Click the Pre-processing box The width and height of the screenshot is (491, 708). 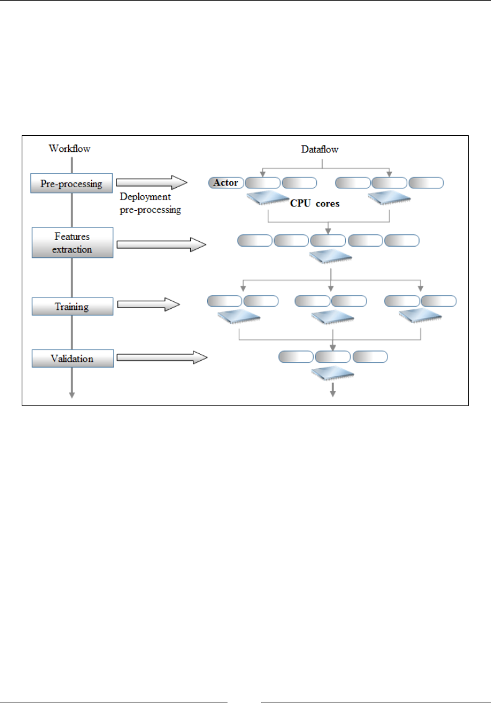(73, 184)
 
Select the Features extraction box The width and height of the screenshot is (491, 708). (73, 242)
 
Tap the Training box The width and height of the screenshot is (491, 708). (73, 306)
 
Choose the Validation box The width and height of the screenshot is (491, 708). (73, 358)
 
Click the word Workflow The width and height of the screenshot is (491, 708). (69, 149)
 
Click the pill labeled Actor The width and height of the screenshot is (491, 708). (226, 183)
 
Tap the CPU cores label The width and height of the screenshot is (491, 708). (315, 203)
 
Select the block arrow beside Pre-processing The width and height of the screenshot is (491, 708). (151, 182)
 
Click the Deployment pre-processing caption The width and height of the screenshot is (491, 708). (149, 204)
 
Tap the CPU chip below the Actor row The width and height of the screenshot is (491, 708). (268, 200)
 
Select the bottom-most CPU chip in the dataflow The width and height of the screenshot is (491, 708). (333, 373)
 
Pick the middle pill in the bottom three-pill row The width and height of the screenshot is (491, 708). (333, 356)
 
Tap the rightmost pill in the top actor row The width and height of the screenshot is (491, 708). (427, 183)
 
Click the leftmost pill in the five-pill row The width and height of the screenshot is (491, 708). (255, 241)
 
